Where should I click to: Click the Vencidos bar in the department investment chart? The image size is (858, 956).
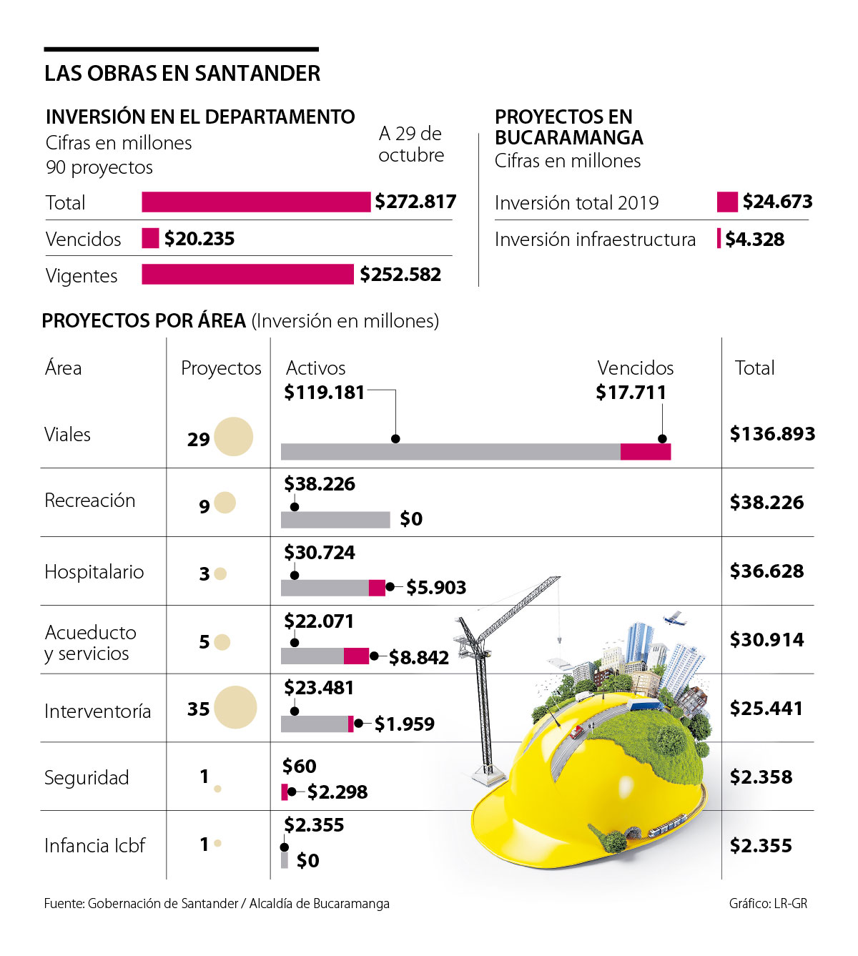point(150,238)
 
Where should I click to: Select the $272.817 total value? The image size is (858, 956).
point(415,202)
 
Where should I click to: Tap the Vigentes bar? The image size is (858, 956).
point(247,275)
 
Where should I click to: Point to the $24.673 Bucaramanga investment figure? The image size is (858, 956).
point(777,202)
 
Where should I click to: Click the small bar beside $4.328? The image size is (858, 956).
point(719,238)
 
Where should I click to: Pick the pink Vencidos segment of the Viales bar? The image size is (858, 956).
point(645,451)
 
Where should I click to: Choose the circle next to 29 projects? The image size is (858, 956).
point(234,437)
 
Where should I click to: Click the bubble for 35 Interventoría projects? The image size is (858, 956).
point(235,707)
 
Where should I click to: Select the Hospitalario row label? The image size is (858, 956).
point(94,572)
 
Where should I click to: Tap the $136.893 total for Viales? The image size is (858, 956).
point(772,434)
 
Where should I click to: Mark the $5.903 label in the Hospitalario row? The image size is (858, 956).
point(436,588)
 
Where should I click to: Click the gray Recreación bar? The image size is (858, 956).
point(335,520)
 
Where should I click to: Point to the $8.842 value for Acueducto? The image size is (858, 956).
point(419,657)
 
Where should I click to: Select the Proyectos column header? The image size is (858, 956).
point(221,368)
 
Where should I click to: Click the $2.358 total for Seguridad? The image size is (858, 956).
point(761,777)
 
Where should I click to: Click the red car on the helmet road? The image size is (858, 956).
point(576,731)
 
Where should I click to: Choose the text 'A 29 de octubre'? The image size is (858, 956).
point(411,144)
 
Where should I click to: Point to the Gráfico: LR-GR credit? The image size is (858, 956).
point(768,904)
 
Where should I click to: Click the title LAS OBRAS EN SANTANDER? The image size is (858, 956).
point(182,74)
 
